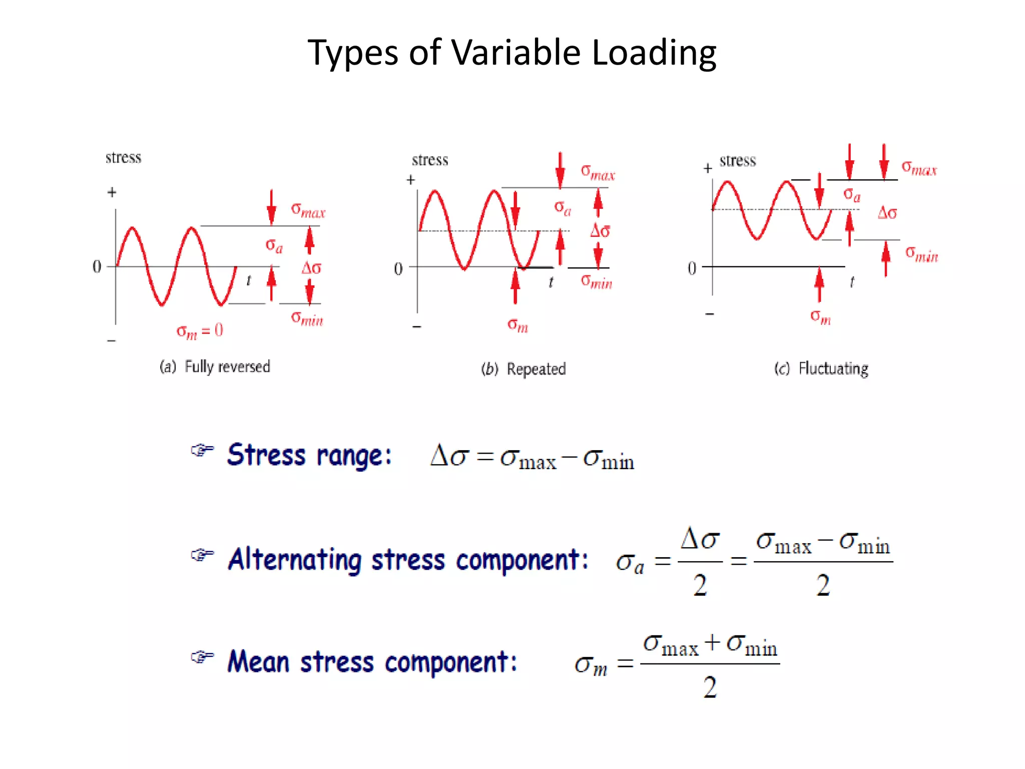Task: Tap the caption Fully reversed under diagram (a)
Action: click(x=227, y=366)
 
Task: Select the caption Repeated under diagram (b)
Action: click(x=536, y=369)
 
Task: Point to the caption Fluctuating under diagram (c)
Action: click(x=833, y=368)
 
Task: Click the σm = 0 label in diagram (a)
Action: click(x=200, y=331)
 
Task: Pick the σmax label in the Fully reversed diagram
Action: click(x=308, y=210)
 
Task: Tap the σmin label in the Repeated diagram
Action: click(x=596, y=282)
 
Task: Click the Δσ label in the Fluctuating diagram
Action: click(x=887, y=213)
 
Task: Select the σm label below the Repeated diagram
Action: click(x=518, y=325)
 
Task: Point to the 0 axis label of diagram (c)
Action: click(x=692, y=268)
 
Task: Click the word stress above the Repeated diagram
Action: click(x=430, y=160)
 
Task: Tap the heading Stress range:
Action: click(x=309, y=455)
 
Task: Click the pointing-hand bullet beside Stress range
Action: click(x=202, y=450)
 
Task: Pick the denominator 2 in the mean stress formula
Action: click(x=710, y=687)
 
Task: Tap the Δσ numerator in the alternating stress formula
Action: click(x=700, y=540)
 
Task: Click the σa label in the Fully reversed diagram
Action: click(x=274, y=245)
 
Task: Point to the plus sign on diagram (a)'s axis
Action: click(x=112, y=192)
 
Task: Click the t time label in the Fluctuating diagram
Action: click(x=852, y=282)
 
